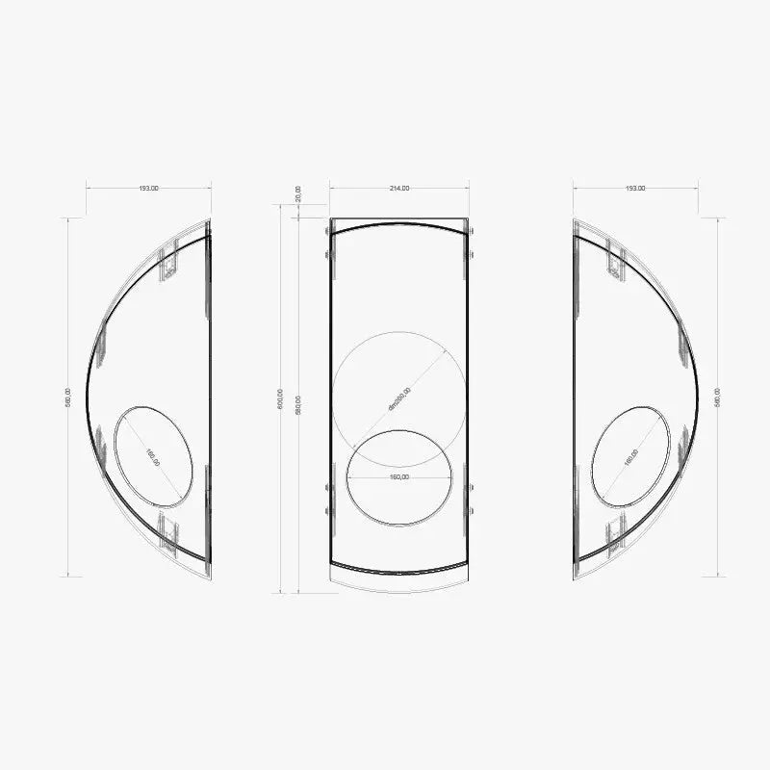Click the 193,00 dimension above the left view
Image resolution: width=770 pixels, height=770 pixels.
pos(148,189)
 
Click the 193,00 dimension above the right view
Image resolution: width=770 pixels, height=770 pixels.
pos(635,189)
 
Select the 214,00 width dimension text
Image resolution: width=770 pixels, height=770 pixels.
pos(398,189)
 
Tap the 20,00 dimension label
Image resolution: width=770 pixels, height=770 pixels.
pos(298,193)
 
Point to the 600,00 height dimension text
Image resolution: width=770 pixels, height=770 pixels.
pos(280,398)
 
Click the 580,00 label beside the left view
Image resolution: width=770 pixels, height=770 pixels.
pos(67,398)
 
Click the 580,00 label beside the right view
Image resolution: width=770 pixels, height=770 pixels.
pos(718,398)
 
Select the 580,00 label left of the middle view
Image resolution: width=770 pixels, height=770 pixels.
pos(299,404)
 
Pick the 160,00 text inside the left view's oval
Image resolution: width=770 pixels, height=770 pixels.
pos(153,457)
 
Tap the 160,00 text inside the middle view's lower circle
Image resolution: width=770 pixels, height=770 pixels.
pos(398,476)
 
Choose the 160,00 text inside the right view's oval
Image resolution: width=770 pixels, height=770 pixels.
pos(630,457)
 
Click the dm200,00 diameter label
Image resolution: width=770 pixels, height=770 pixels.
pos(399,398)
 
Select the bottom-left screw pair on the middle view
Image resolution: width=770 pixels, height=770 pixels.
pos(327,500)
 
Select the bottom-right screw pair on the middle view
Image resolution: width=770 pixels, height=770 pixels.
pos(471,500)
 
